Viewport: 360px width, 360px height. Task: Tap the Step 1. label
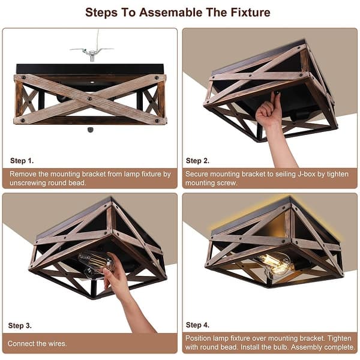(22, 161)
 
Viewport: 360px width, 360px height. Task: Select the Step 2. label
(197, 161)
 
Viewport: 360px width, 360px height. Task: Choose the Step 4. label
(197, 325)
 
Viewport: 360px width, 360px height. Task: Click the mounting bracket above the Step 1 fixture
(91, 52)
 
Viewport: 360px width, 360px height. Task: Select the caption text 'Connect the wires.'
(38, 344)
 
